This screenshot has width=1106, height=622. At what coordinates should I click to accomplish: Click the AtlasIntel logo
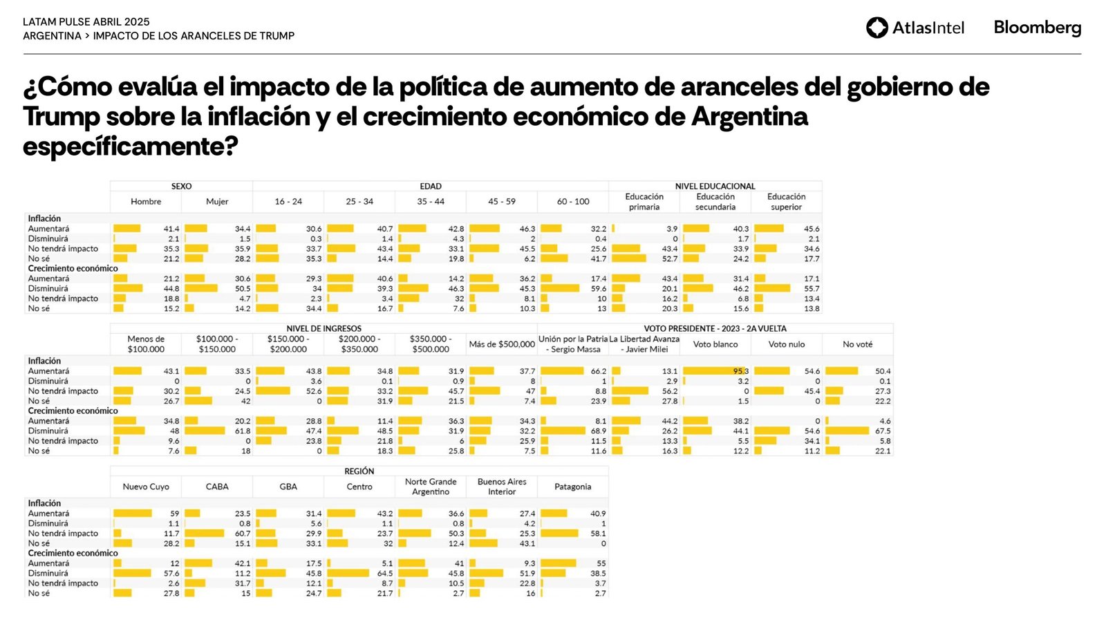click(x=915, y=28)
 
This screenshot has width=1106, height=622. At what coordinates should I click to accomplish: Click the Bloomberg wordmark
click(x=1037, y=28)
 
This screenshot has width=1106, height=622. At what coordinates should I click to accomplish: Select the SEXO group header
click(x=181, y=187)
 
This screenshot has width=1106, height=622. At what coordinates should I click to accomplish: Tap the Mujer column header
click(x=217, y=202)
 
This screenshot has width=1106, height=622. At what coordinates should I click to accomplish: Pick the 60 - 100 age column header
click(x=573, y=202)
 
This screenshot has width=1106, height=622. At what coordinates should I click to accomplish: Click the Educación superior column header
click(x=786, y=202)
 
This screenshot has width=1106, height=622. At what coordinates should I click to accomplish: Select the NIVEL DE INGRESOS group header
click(x=324, y=329)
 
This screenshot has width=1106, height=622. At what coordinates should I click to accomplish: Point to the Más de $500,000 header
click(x=502, y=344)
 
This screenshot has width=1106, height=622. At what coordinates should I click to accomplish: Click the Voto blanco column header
click(x=715, y=344)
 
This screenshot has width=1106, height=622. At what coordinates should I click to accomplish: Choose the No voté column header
click(x=857, y=344)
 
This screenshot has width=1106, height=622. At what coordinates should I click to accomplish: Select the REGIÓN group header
click(x=359, y=471)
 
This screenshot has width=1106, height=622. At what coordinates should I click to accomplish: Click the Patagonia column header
click(x=572, y=487)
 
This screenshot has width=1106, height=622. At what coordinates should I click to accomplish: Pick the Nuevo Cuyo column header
click(x=146, y=487)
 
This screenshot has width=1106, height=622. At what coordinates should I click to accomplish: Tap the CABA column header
click(x=217, y=487)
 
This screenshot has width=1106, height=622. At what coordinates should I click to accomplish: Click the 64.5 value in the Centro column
click(x=385, y=574)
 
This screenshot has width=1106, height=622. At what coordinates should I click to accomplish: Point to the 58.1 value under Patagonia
click(x=598, y=534)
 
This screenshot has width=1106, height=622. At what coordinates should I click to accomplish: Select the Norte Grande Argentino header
click(x=431, y=487)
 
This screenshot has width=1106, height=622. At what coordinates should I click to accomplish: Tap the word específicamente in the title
click(x=130, y=147)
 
